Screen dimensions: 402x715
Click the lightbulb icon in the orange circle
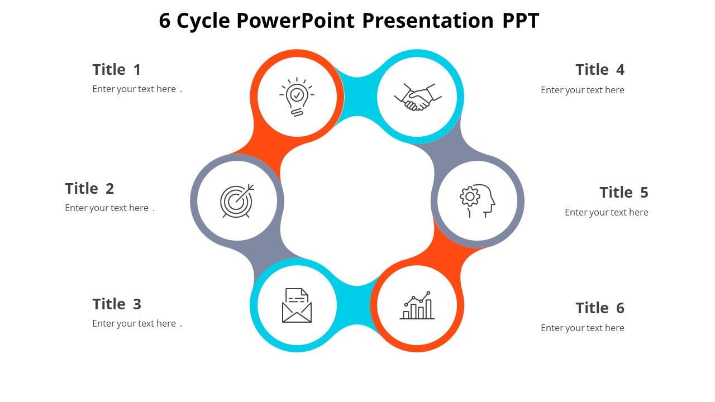pos(297,97)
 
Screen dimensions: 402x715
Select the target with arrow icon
pos(237,200)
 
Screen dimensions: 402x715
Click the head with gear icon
pos(478,200)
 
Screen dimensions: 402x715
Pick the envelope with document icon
pos(297,305)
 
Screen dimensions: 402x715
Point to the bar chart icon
pos(417,305)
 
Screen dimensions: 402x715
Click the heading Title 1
pos(117,70)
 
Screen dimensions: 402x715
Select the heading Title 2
pos(89,189)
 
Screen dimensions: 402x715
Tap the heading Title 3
pos(117,304)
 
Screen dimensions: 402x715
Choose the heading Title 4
pos(600,70)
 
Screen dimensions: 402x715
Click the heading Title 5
pos(624,193)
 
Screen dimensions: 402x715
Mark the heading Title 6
pos(600,308)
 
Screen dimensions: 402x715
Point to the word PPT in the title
pos(520,21)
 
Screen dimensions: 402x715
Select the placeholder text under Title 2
pos(109,208)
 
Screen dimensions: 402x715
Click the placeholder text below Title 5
pos(606,213)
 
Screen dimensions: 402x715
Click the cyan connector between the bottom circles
pos(356,305)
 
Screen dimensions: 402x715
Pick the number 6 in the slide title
pos(165,21)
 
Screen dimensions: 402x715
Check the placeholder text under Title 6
pos(582,328)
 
